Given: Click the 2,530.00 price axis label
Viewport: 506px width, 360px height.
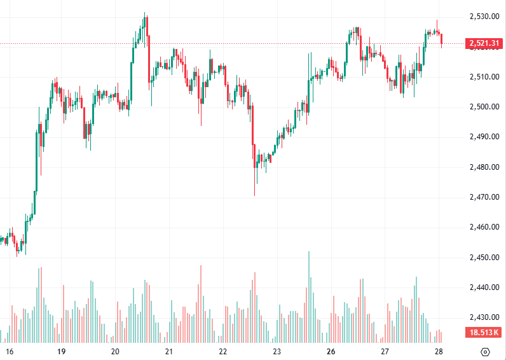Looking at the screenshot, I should [x=484, y=17].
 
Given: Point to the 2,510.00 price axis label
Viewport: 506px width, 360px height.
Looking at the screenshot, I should [x=484, y=77].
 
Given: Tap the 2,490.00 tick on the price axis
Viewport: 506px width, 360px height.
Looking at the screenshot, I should [x=484, y=137].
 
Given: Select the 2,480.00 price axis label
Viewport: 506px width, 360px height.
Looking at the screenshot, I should [x=484, y=167].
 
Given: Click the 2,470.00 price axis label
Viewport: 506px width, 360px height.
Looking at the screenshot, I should [x=484, y=197].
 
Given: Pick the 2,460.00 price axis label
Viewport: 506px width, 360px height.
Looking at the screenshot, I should [x=484, y=227].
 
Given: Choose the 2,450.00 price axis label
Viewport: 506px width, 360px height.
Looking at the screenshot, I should [x=484, y=258].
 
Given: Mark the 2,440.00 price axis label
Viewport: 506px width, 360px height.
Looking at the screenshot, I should [x=484, y=287].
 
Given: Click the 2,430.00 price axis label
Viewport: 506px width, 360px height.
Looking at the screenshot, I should [x=484, y=317].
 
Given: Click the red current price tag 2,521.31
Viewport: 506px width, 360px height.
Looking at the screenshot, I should [x=485, y=43].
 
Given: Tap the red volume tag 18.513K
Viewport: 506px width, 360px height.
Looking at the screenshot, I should [x=485, y=333].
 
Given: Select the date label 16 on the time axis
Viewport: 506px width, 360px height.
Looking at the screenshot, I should [x=9, y=351].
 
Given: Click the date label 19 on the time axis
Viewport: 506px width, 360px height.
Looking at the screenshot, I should [x=62, y=351].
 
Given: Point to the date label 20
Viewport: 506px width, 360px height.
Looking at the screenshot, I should [x=115, y=351].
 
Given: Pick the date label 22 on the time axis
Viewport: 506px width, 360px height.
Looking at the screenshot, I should [x=223, y=351].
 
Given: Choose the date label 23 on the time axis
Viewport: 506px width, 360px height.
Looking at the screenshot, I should [x=277, y=351].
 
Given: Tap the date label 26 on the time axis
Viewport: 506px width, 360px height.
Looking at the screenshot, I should [x=331, y=351].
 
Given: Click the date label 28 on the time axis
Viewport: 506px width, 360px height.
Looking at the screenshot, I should [x=439, y=351].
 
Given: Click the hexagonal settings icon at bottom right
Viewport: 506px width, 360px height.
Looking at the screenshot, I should [x=486, y=352].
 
